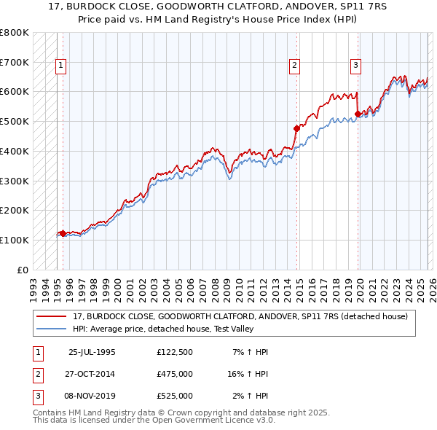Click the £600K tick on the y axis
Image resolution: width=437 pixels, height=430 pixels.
pos(15,92)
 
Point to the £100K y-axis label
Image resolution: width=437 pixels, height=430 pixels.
pos(15,240)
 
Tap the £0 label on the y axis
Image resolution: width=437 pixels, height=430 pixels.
pos(22,270)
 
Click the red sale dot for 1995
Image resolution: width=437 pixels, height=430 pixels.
pos(63,233)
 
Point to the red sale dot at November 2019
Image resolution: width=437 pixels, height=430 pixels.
pos(358,114)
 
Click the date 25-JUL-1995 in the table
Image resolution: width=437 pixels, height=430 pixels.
pos(92,352)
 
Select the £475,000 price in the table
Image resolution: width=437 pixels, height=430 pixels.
pos(174,374)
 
